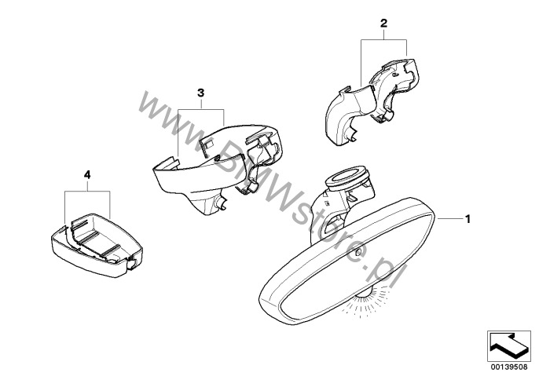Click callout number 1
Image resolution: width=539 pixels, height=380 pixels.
[467, 219]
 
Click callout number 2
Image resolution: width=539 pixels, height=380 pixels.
[383, 24]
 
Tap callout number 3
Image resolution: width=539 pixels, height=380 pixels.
[201, 93]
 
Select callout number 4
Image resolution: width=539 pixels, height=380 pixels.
[87, 175]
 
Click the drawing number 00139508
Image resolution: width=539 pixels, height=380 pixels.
[509, 367]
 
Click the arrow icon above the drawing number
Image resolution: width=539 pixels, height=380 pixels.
[509, 346]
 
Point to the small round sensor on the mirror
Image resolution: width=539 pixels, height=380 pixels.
[357, 253]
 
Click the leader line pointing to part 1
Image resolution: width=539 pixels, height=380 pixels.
[449, 218]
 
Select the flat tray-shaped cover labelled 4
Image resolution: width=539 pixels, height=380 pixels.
[97, 245]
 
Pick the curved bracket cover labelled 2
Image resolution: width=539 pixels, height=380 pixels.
[371, 102]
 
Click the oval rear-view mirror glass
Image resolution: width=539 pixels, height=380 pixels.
[346, 261]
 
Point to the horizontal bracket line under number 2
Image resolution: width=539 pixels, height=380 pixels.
[384, 40]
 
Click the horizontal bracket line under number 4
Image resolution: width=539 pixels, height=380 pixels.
[87, 192]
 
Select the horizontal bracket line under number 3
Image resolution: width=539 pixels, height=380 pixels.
[201, 110]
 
